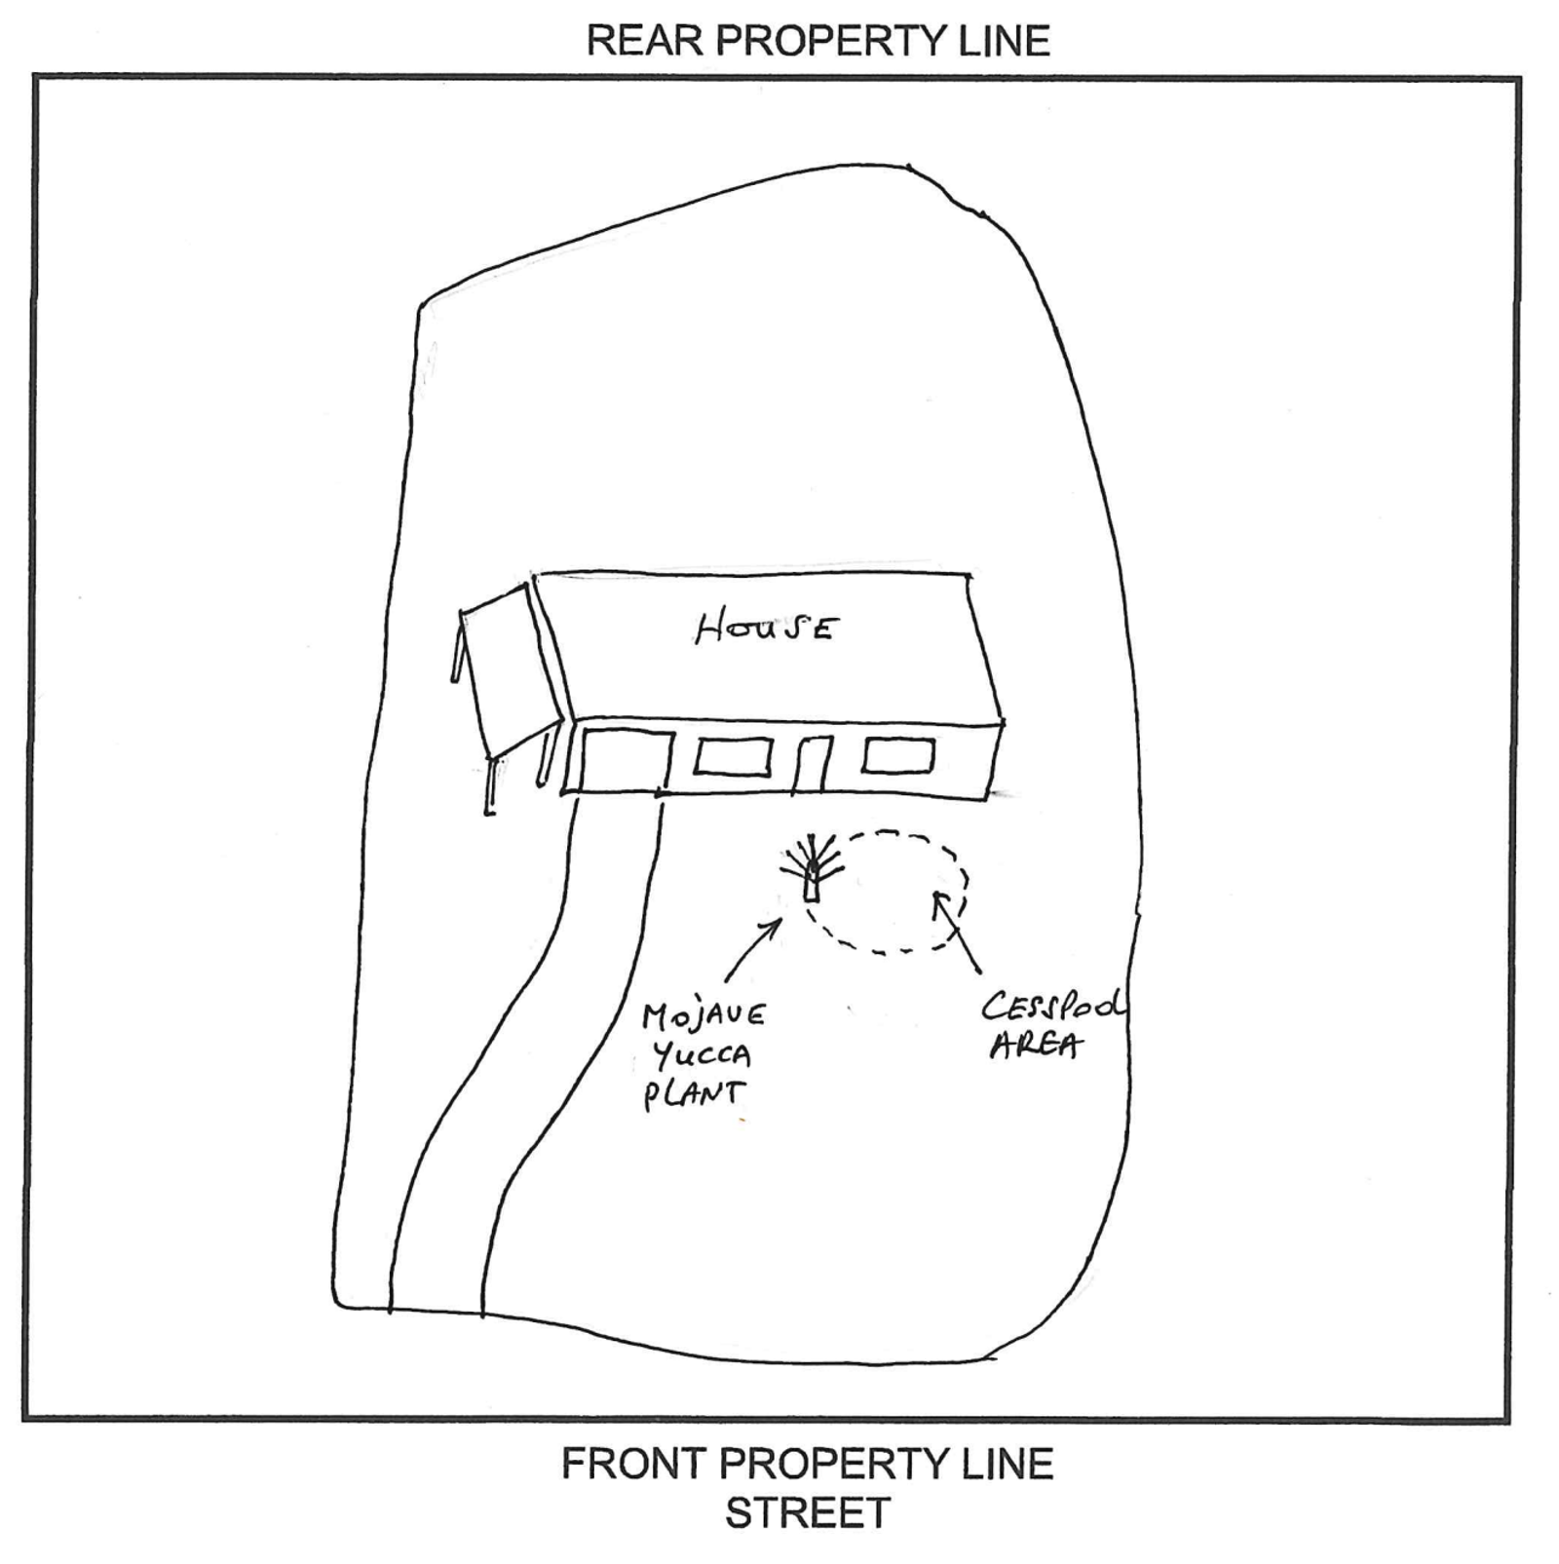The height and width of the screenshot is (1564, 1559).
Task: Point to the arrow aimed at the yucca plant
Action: (x=752, y=949)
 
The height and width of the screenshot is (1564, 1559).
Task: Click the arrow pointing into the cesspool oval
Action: (x=956, y=933)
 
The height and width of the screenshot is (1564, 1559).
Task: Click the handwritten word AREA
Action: (x=1035, y=1046)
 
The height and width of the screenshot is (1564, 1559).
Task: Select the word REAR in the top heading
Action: (x=644, y=41)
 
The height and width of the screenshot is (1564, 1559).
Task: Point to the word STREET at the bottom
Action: (x=808, y=1513)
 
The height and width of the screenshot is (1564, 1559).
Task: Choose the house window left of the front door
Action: (x=733, y=757)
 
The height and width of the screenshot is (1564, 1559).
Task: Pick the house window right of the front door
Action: (x=898, y=755)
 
